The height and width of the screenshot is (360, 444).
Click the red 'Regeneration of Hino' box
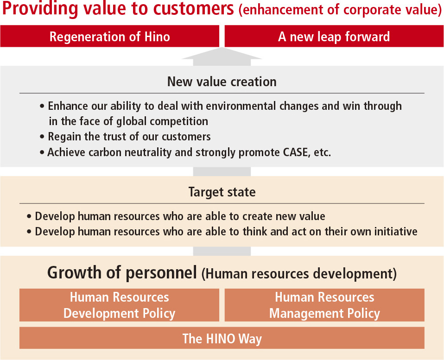[109, 37]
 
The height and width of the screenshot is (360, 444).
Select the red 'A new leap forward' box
[334, 37]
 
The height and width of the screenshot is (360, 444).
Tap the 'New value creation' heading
[222, 82]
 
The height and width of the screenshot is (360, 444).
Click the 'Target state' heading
[222, 192]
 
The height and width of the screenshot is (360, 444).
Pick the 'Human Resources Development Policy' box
[119, 305]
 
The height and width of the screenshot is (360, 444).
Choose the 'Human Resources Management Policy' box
[324, 305]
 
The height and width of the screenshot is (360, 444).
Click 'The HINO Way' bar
[222, 338]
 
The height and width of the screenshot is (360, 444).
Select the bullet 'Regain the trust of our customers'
[129, 137]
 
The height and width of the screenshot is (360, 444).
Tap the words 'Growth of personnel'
[122, 273]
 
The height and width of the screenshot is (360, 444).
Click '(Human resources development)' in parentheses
[299, 274]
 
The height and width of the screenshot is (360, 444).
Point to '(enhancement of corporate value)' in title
[340, 10]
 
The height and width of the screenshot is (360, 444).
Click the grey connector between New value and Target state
[222, 171]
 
